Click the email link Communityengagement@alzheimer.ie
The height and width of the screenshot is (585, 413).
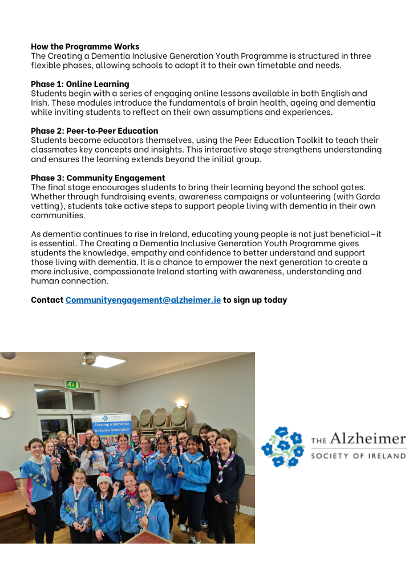(143, 300)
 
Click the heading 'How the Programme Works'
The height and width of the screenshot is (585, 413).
(85, 46)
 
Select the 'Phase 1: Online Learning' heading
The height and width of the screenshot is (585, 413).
(80, 84)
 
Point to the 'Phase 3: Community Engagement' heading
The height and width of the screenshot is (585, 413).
(98, 178)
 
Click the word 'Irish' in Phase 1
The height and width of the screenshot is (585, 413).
(41, 103)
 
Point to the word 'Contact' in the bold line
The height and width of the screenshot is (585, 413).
(47, 300)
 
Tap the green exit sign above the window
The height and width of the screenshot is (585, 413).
(73, 384)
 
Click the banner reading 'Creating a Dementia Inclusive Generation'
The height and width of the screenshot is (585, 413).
(111, 424)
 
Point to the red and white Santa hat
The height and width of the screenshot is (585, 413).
(104, 479)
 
